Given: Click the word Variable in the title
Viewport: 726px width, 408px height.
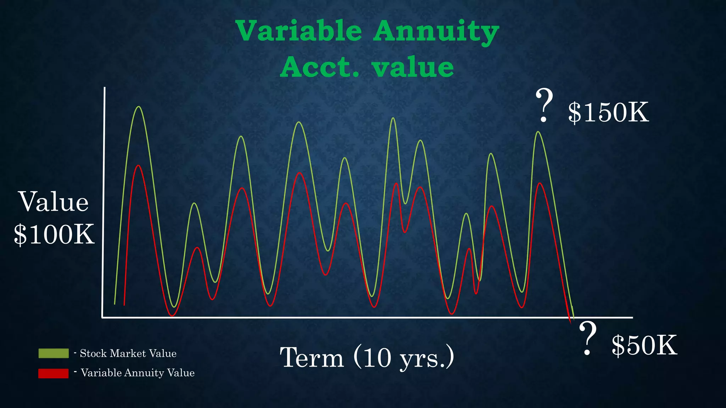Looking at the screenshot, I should coord(299,31).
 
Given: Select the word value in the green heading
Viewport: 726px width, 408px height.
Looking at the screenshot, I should coord(413,67).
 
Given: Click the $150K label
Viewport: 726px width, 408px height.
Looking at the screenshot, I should coord(608,113).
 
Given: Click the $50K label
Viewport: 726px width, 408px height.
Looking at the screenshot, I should coord(644,345).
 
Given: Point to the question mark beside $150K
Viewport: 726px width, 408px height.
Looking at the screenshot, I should coord(544,106).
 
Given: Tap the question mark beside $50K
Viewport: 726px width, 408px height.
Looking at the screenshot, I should coord(587,338).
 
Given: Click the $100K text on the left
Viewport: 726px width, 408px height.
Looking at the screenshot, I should coord(54,234).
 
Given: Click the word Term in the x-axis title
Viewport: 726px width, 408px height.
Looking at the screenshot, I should coord(312,357).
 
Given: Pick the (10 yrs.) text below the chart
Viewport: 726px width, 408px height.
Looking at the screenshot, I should coord(404,358).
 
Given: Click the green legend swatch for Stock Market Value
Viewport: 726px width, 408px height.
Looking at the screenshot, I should coord(54,353).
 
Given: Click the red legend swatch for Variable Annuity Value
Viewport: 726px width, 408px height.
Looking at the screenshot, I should coord(54,373).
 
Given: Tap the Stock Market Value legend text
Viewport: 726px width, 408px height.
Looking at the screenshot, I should coord(128,353).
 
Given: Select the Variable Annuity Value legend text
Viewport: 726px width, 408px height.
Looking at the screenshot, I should coord(138,373).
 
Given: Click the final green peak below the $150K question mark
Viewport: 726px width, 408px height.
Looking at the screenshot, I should coord(538,132).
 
